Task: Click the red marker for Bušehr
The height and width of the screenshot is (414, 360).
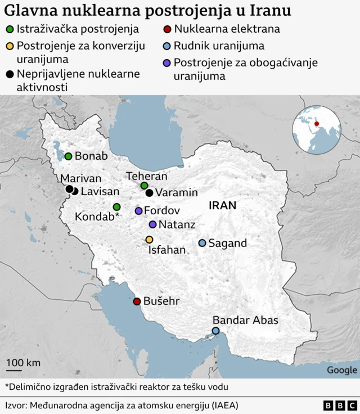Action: (136, 301)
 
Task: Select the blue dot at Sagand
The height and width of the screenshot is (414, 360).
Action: (202, 243)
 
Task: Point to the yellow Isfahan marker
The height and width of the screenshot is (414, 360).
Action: (149, 240)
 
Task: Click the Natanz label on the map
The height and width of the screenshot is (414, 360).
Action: (177, 225)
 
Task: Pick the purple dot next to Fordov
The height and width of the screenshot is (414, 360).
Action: (138, 211)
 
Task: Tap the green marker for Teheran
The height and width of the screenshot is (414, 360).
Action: (144, 186)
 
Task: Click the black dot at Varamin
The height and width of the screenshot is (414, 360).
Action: (149, 193)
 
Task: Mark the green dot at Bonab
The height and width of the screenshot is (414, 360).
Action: (68, 156)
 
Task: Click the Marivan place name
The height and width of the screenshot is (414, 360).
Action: (80, 179)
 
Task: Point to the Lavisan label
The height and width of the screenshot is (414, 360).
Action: (100, 192)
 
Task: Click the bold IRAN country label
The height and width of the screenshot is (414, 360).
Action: (222, 206)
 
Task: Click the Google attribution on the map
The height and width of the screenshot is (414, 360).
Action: (341, 370)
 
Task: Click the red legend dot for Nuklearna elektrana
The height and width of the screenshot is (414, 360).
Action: (167, 29)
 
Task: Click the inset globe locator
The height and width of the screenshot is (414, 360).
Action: (316, 130)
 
